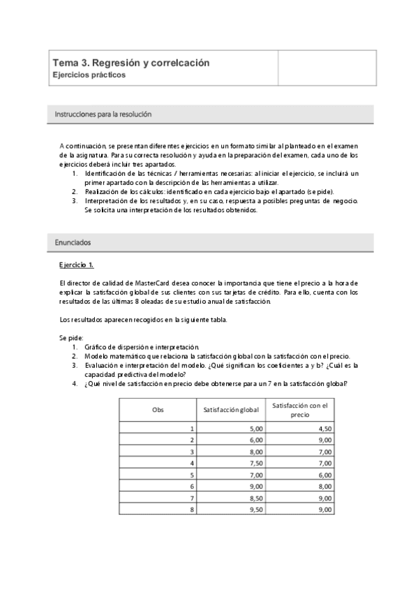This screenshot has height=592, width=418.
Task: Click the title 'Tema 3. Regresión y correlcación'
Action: pos(130,63)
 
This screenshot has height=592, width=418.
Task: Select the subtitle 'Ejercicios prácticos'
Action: pos(89,75)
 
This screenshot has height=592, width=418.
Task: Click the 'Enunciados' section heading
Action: pos(73,242)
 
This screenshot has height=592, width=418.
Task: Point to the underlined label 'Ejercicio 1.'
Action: pos(77,265)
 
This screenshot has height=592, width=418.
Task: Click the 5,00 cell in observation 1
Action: pos(256,429)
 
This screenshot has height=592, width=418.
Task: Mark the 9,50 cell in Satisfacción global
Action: pos(256,510)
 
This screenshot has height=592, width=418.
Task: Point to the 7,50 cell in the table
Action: pos(256,464)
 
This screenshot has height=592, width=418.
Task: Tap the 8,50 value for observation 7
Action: pos(256,498)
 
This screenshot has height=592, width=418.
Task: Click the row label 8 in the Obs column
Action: pos(192,510)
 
